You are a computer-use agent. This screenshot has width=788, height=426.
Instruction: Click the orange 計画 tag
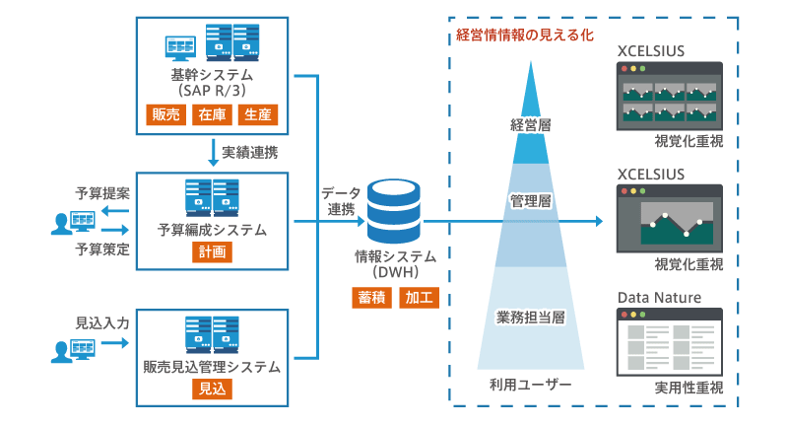click(211, 252)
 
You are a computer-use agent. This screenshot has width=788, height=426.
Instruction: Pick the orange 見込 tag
click(211, 389)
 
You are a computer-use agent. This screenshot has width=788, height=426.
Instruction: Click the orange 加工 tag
click(418, 296)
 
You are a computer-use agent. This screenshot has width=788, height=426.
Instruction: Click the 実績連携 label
click(249, 153)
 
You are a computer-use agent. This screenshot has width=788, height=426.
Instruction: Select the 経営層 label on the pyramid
click(530, 126)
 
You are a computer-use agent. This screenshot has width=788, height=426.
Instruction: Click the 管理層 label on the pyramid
click(530, 200)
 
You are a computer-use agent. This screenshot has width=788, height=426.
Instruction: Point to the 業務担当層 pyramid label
click(530, 318)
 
